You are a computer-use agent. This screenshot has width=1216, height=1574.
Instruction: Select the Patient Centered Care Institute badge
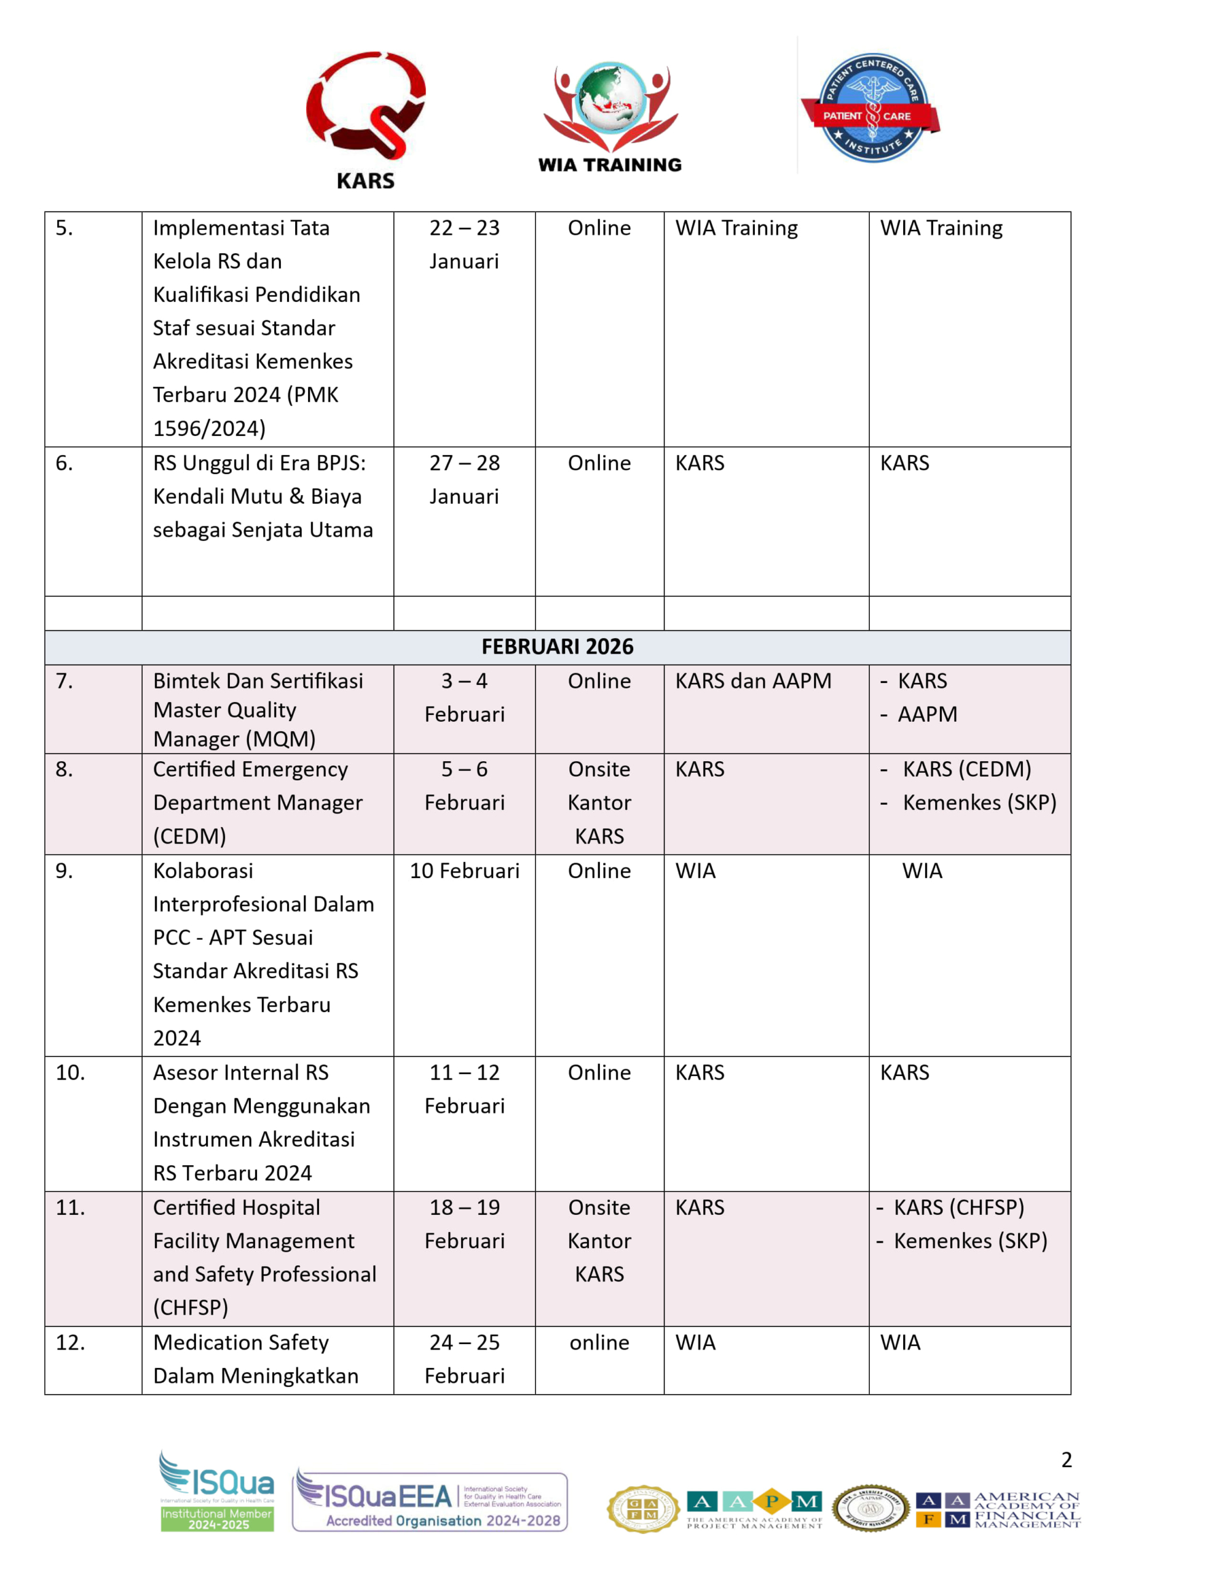click(x=871, y=108)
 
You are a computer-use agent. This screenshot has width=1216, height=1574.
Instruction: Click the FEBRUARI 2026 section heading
click(x=557, y=646)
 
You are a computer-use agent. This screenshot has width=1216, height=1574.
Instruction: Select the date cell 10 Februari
click(x=464, y=871)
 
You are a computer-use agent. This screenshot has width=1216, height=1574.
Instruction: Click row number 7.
click(x=65, y=681)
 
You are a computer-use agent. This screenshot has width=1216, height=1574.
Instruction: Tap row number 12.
click(x=70, y=1343)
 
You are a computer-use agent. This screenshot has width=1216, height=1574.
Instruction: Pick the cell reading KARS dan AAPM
click(x=752, y=681)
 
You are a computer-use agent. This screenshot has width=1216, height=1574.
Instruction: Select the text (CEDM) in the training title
click(x=189, y=836)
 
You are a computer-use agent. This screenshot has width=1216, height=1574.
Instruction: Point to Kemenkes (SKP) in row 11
click(x=970, y=1241)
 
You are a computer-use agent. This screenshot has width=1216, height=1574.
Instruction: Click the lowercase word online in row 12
click(x=599, y=1343)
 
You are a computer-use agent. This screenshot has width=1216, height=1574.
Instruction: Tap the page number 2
click(x=1066, y=1460)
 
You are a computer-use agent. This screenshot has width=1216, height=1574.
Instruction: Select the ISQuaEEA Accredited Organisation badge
click(x=430, y=1501)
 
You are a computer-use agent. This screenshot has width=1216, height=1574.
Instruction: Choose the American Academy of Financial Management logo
click(x=998, y=1510)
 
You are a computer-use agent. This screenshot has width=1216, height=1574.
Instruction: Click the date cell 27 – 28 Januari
click(x=464, y=479)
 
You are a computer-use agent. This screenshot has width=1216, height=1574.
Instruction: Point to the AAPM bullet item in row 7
click(x=927, y=714)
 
